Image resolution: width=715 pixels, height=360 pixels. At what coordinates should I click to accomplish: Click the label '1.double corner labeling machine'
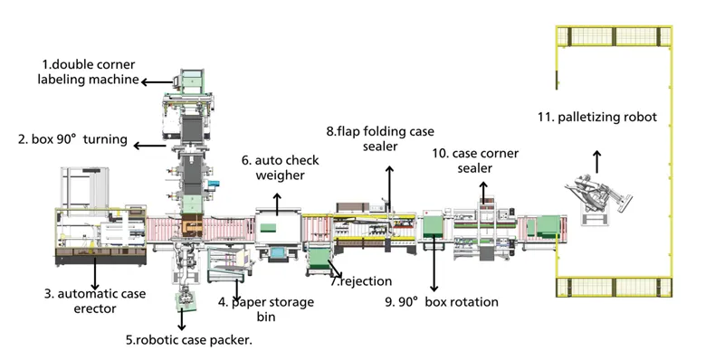(88, 71)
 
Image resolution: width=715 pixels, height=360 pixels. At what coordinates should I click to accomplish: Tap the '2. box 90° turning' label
(72, 139)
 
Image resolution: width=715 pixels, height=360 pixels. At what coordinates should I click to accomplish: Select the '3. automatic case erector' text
(95, 301)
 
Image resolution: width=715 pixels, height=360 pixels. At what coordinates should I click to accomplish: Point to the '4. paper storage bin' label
(266, 309)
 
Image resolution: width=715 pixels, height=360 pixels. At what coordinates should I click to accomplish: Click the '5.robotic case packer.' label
(189, 339)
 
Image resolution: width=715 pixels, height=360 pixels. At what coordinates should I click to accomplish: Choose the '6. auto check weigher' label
(280, 167)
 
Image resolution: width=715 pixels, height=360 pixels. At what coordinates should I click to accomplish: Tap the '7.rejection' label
(361, 281)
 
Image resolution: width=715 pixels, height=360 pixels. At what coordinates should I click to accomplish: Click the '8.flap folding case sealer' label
(380, 138)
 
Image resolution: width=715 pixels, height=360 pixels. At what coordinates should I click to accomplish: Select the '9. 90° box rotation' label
(442, 302)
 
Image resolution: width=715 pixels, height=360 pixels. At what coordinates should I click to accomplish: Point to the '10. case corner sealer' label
(475, 160)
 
